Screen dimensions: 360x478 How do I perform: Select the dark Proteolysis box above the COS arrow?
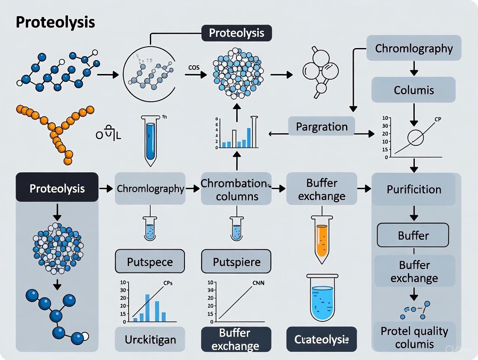click(x=237, y=33)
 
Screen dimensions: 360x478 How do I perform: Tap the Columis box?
click(x=414, y=90)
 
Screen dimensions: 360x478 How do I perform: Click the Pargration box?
click(x=322, y=127)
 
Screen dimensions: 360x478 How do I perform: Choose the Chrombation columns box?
click(x=236, y=189)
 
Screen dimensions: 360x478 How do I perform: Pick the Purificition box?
click(x=414, y=189)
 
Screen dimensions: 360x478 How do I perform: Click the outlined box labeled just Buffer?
click(x=413, y=236)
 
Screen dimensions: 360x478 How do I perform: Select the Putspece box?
click(x=150, y=262)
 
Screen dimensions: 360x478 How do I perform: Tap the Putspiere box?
click(x=236, y=262)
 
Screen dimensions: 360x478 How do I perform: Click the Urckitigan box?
click(x=150, y=339)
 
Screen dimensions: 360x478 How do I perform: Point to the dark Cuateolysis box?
click(x=322, y=339)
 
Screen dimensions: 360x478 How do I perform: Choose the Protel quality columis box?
click(x=413, y=337)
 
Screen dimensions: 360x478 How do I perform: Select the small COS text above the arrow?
click(x=194, y=67)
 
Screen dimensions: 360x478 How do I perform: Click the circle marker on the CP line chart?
click(x=416, y=138)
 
